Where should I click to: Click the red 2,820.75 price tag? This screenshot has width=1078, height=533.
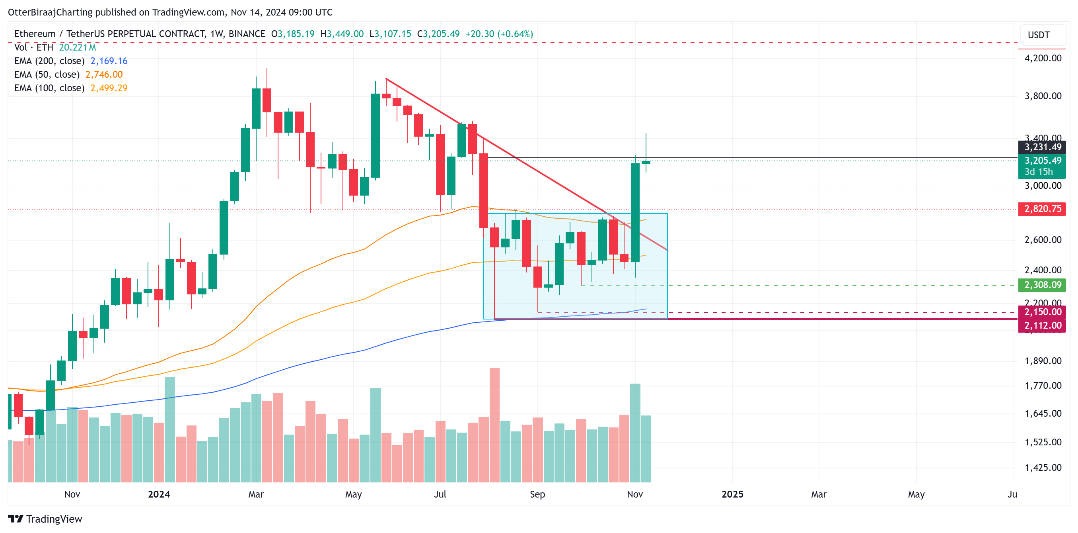1042,209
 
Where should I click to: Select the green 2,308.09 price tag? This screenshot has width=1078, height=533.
1042,285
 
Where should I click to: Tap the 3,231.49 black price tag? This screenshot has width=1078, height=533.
1042,147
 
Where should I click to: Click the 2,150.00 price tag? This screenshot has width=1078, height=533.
1042,312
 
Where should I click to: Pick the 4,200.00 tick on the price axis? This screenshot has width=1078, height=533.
1043,58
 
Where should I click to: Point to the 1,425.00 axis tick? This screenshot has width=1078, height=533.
1043,468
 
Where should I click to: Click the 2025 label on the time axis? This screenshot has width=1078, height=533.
732,494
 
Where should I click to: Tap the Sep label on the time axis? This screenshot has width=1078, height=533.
537,494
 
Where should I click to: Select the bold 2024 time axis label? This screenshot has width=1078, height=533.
159,494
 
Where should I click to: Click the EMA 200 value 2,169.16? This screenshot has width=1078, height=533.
109,61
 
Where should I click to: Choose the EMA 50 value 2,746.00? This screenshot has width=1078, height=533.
104,74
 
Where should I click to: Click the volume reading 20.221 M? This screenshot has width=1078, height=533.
78,47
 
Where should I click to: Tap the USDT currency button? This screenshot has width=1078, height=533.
1039,35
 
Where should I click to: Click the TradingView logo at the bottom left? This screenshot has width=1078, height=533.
45,519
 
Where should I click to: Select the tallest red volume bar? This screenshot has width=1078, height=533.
494,423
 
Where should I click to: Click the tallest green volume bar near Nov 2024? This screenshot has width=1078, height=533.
635,431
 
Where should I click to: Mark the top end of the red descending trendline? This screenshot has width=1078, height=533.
386,79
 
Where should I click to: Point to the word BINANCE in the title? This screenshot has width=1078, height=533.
247,34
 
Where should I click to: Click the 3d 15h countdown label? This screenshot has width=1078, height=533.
1038,172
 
